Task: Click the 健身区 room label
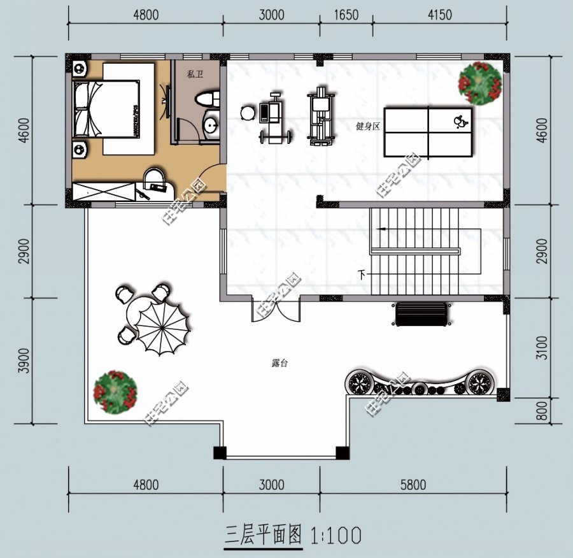click(367, 127)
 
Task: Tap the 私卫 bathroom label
click(195, 75)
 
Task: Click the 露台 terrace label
click(280, 363)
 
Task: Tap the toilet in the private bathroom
click(208, 100)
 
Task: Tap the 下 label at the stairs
click(362, 275)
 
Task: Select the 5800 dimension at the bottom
click(413, 485)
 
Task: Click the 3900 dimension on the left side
click(24, 361)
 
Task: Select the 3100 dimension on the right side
click(542, 348)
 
